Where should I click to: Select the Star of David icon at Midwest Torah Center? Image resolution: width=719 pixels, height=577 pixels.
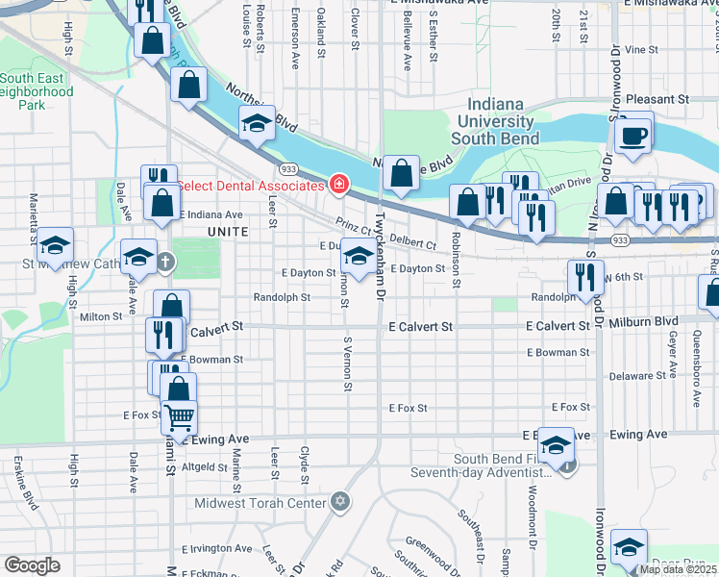[338, 501]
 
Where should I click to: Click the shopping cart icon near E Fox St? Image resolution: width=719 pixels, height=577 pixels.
[179, 417]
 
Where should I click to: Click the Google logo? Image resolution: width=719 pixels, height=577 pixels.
[32, 565]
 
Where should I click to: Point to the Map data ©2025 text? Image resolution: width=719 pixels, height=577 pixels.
[678, 569]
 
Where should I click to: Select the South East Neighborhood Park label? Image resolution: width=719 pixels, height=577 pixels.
[37, 91]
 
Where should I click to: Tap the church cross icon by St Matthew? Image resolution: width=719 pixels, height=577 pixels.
[165, 262]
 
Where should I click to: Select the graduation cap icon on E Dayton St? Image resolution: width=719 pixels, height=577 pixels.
[359, 257]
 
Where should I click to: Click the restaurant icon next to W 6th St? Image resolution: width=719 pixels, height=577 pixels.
[585, 277]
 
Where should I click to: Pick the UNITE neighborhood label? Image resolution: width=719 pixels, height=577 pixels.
[228, 233]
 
